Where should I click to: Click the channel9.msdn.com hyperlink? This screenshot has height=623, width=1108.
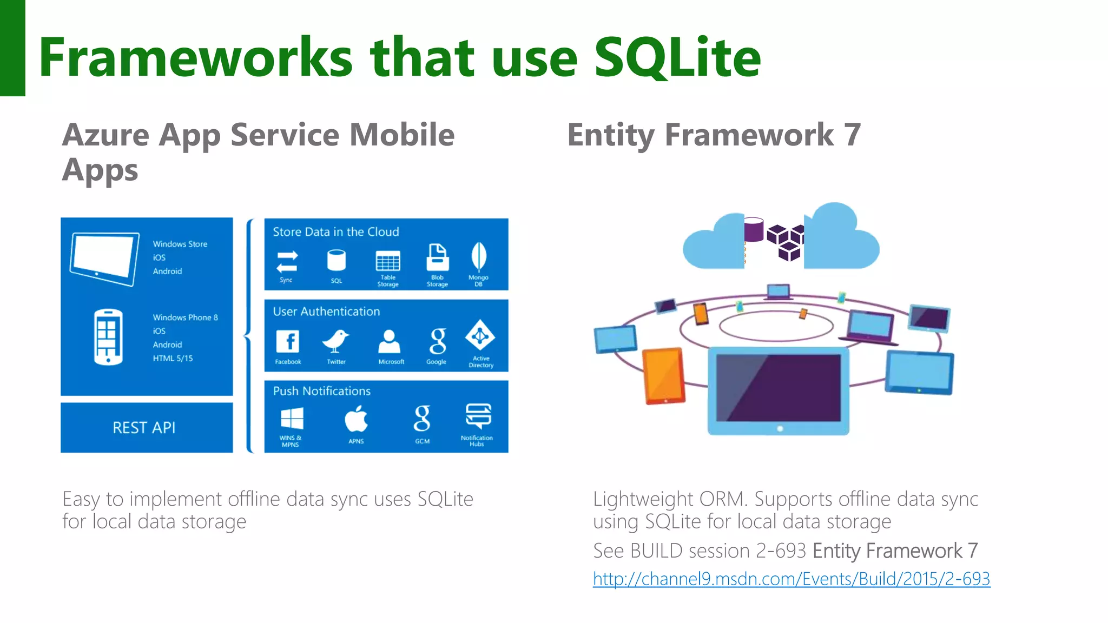(x=791, y=579)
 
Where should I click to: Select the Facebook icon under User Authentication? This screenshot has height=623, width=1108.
(x=288, y=342)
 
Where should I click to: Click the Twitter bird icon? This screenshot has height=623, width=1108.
(x=335, y=341)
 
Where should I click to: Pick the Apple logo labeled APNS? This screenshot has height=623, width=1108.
(x=356, y=419)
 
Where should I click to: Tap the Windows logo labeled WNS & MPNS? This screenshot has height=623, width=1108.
(x=292, y=419)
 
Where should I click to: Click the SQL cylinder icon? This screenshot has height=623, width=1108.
(x=336, y=260)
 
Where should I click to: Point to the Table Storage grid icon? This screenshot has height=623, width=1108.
(x=388, y=261)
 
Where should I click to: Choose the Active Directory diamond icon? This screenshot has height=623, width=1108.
(x=480, y=336)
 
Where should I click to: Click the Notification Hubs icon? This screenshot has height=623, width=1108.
(x=478, y=416)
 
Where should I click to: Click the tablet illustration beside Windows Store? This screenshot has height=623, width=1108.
(x=104, y=259)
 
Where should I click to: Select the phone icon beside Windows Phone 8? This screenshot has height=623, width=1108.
(x=108, y=337)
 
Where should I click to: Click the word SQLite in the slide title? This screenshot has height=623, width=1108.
(x=677, y=57)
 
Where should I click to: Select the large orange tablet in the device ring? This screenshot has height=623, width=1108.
(x=663, y=376)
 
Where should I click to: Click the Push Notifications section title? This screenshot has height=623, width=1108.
(x=321, y=391)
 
